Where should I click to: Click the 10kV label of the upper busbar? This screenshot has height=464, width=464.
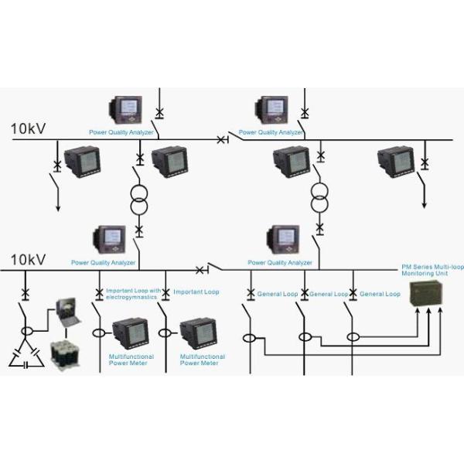29,128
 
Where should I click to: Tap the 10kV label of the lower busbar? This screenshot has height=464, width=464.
29,260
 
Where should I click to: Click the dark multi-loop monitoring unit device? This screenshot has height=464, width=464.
427,292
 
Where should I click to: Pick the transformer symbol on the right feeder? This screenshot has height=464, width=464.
319,197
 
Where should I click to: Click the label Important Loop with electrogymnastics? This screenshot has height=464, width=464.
131,295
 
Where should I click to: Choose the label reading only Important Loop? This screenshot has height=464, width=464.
196,292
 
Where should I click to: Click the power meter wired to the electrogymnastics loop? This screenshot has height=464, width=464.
128,333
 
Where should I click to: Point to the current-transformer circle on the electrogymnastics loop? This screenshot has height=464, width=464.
99,334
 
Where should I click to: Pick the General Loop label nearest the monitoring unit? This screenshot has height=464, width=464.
380,294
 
